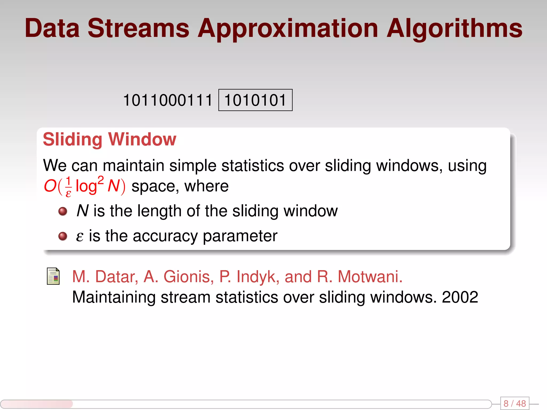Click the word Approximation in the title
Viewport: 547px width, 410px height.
point(287,29)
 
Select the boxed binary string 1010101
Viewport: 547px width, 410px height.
point(255,100)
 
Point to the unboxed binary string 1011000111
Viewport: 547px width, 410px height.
point(168,100)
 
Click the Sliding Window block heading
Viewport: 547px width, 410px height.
point(110,139)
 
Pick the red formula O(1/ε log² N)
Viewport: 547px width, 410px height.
point(84,186)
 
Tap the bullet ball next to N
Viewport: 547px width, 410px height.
point(63,211)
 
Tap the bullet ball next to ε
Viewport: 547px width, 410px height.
point(63,236)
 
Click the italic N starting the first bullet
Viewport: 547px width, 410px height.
point(82,211)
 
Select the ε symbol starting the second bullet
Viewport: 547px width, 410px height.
point(80,236)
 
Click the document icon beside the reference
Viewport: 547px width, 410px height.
point(53,276)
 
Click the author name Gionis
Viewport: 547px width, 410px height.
point(188,277)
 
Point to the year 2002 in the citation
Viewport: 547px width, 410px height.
point(460,297)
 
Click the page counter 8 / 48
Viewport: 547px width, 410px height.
point(514,403)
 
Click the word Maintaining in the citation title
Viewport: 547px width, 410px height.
point(114,297)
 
